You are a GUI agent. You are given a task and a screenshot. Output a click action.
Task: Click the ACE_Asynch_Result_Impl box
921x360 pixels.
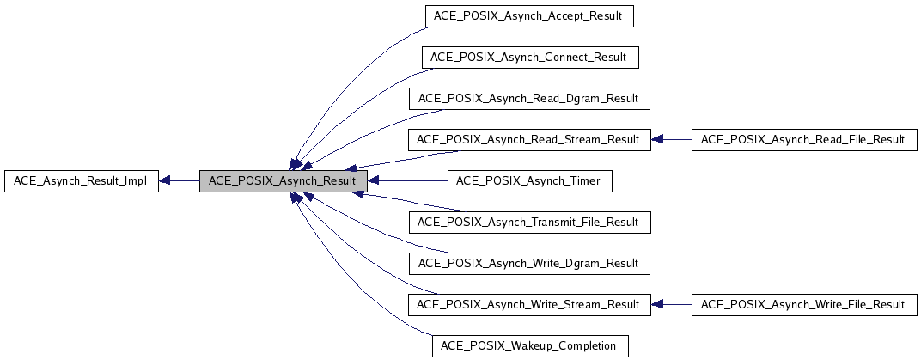click(82, 181)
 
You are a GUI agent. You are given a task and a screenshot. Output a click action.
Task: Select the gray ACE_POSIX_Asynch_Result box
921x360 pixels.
click(284, 181)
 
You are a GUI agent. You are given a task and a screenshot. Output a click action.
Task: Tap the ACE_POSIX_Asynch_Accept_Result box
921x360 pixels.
click(529, 16)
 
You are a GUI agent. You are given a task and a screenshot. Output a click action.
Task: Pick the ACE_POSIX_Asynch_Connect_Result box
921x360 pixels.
click(529, 58)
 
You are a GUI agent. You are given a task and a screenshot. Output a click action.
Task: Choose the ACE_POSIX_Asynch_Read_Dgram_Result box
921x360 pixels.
click(529, 99)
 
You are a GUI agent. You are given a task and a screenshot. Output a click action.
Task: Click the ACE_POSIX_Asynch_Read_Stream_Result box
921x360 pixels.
click(529, 140)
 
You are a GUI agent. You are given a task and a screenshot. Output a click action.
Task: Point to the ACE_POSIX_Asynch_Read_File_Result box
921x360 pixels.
click(803, 140)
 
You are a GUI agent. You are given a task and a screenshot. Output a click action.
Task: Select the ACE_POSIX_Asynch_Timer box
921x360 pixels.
click(529, 181)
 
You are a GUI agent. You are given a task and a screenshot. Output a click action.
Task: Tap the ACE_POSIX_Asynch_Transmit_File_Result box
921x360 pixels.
click(529, 223)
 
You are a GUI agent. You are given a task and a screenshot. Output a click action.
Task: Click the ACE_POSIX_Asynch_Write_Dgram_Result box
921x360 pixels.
click(529, 264)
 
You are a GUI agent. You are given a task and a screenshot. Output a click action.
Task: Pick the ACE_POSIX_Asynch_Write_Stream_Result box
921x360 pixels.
click(529, 305)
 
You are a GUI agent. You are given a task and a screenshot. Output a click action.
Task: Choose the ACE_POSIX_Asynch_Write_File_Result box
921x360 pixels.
click(803, 305)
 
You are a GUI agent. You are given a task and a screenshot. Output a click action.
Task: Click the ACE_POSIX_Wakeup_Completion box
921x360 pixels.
click(529, 346)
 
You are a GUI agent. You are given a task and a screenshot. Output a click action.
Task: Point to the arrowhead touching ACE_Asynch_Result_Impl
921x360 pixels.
click(166, 181)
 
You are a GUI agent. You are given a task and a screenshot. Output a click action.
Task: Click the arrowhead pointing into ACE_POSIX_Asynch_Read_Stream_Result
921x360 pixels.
click(657, 140)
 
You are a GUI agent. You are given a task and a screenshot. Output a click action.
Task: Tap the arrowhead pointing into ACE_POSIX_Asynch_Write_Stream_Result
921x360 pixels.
click(657, 305)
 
